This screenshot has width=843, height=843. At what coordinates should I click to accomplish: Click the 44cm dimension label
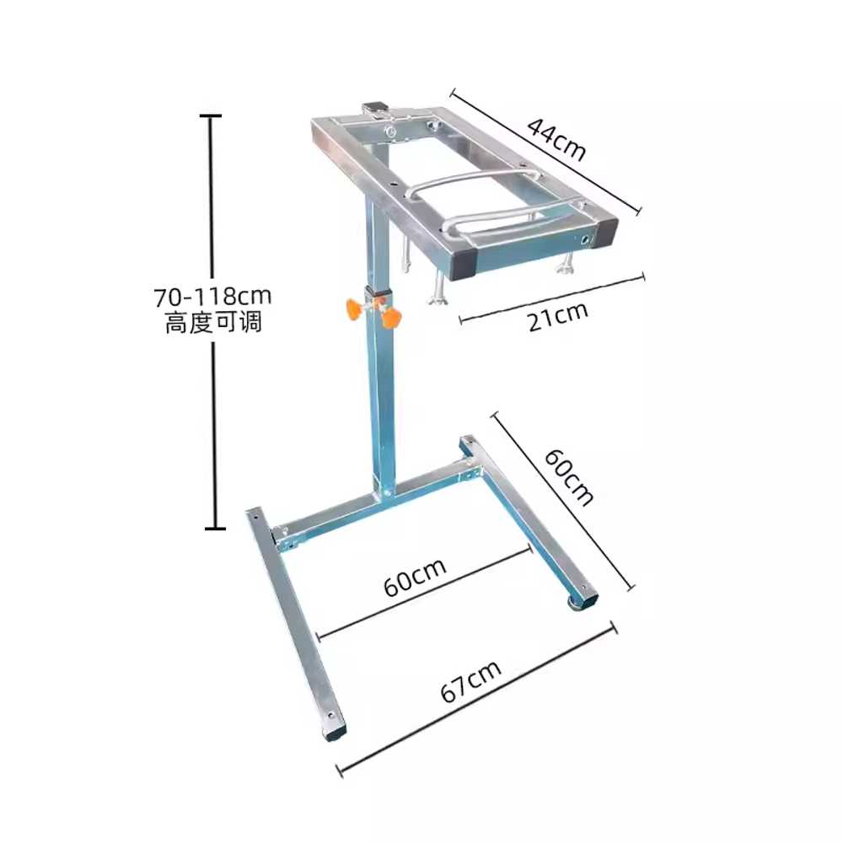click(x=556, y=139)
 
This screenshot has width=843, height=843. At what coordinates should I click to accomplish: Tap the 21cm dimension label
click(x=558, y=317)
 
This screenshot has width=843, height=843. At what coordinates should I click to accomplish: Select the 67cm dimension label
click(x=471, y=680)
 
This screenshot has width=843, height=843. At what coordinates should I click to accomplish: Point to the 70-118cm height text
click(x=213, y=296)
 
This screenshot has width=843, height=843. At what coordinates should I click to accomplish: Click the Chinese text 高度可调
click(x=213, y=322)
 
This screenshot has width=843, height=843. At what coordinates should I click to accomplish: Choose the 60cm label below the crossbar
click(x=415, y=577)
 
